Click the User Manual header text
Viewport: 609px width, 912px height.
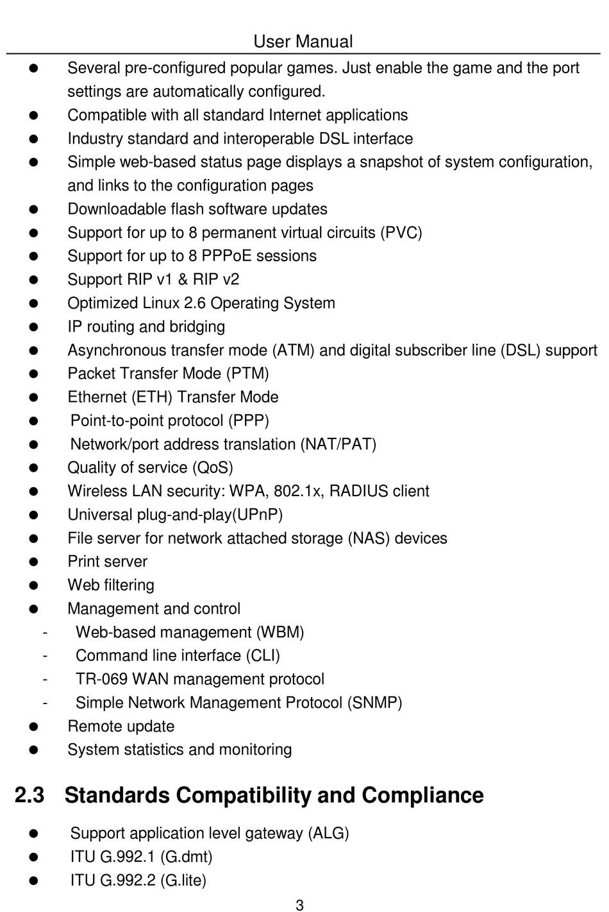(303, 42)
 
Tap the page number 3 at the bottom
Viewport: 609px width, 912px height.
(299, 905)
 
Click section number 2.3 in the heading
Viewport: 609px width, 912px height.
(29, 795)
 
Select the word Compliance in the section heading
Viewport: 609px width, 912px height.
(422, 795)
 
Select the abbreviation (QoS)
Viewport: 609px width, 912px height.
(213, 468)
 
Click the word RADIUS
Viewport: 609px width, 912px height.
(358, 491)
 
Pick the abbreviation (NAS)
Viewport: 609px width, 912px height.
(369, 538)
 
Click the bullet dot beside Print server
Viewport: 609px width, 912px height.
(34, 562)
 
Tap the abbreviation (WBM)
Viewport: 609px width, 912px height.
(280, 632)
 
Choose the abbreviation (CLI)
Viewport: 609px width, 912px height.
(263, 656)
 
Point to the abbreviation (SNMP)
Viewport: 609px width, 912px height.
(374, 703)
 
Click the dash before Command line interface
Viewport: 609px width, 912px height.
(45, 655)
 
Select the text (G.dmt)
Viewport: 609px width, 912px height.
(186, 857)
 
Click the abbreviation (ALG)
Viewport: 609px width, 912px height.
(328, 833)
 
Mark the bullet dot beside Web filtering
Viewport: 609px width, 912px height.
(34, 585)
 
